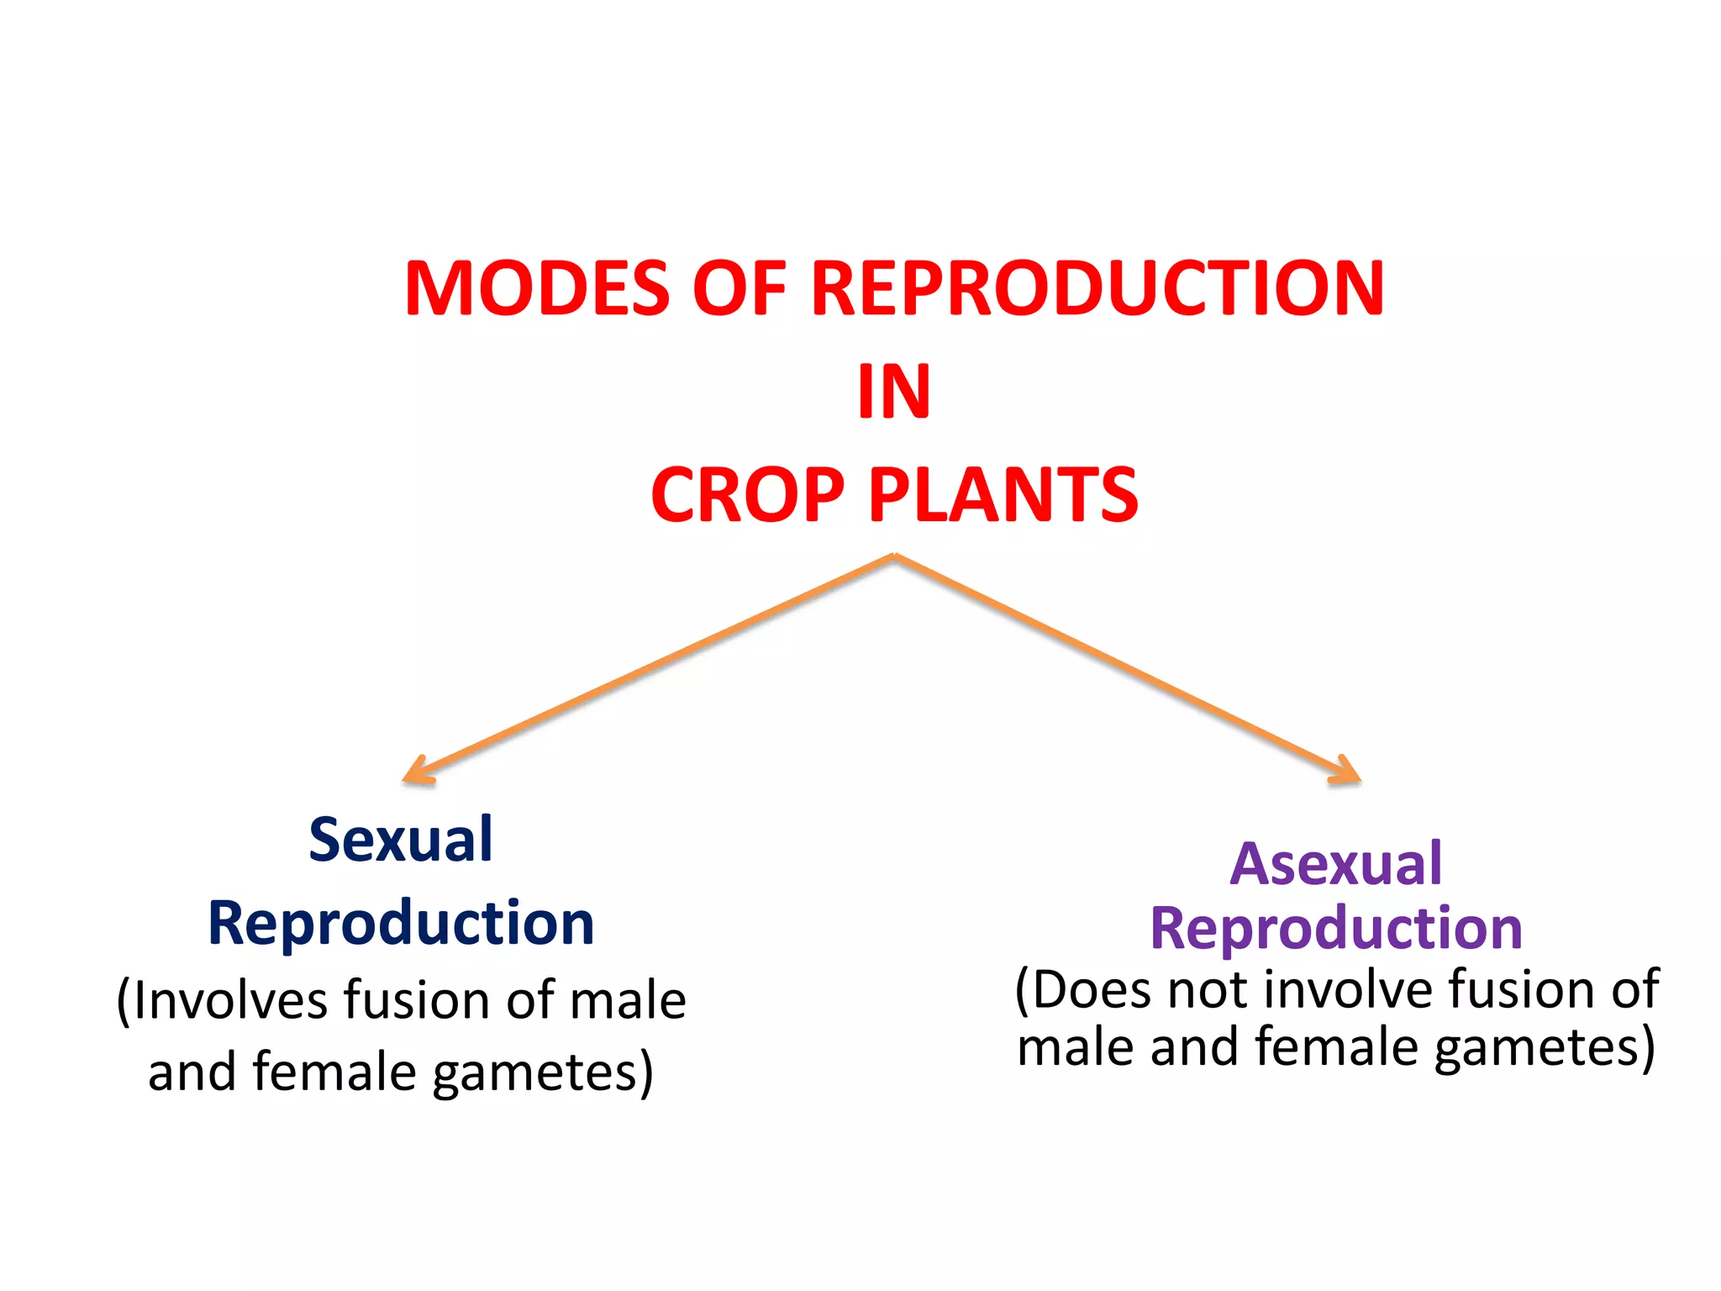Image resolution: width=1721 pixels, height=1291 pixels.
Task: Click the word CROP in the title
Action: tap(747, 495)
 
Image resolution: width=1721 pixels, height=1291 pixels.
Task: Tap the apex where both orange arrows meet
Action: tap(894, 556)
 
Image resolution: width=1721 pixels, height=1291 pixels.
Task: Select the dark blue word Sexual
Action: tap(401, 840)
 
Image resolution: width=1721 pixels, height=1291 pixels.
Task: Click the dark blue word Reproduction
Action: tap(401, 923)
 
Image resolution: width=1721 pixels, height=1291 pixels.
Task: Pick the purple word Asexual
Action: tap(1336, 864)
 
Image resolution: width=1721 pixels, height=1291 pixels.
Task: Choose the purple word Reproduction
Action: tap(1336, 928)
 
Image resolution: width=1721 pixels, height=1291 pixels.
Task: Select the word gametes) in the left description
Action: tap(543, 1073)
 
